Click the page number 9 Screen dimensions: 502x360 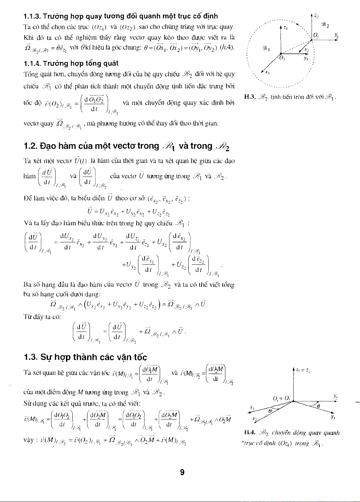click(x=182, y=472)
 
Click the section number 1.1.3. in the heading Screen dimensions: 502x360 click(x=32, y=16)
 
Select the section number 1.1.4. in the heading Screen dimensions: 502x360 click(x=32, y=63)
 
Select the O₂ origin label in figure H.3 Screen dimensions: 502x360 click(x=316, y=35)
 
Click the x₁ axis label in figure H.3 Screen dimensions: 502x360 click(x=268, y=73)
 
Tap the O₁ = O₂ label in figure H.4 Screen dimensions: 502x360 click(x=281, y=398)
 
